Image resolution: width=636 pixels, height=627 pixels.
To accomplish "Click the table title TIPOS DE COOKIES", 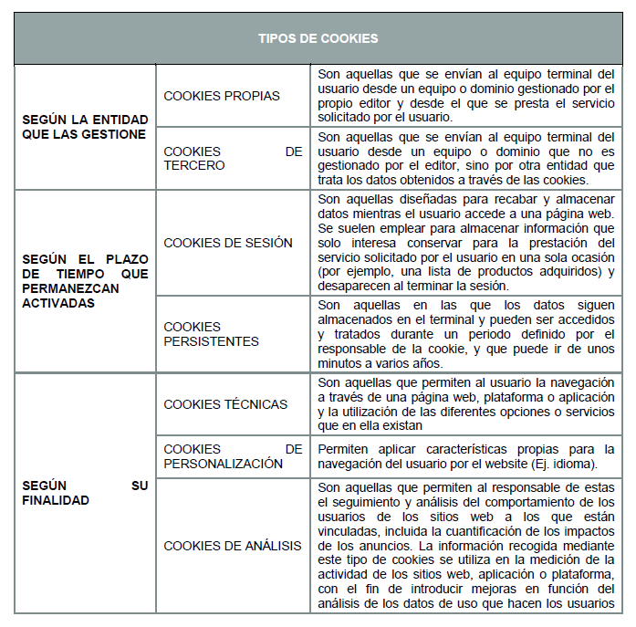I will (x=318, y=38).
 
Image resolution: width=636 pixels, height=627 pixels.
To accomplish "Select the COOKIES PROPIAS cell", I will (x=222, y=96).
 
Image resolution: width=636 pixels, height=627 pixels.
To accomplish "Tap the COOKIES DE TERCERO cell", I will (x=233, y=159).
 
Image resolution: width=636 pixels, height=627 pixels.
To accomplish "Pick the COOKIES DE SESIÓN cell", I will (x=228, y=243).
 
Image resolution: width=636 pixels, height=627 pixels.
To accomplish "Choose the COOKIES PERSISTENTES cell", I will (x=211, y=334).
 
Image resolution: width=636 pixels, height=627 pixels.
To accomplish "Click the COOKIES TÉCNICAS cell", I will (x=225, y=404).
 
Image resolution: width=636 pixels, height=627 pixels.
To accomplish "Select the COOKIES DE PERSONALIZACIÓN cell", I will (x=233, y=456).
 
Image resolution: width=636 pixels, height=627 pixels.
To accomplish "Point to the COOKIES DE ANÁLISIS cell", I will (x=232, y=546).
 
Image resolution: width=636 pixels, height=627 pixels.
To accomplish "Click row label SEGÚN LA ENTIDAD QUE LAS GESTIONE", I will (x=84, y=127).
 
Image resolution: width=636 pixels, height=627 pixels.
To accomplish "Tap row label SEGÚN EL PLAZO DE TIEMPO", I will (x=84, y=280).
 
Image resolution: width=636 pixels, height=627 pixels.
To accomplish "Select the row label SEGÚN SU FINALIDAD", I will (x=84, y=493).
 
